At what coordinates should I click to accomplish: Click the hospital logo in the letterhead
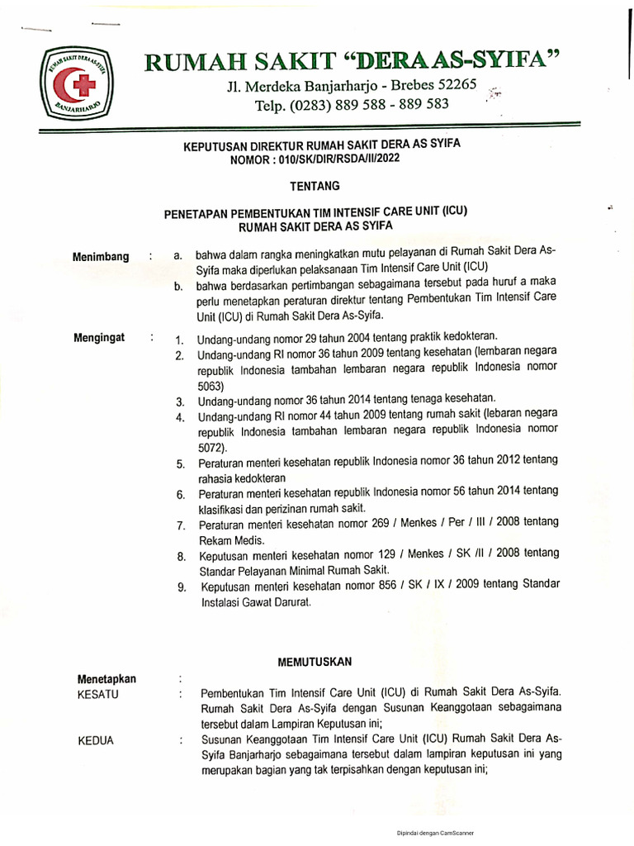click(x=75, y=85)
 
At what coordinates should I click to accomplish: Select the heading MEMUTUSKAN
click(x=315, y=662)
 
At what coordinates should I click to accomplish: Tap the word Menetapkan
click(x=106, y=678)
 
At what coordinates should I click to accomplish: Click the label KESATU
click(x=97, y=694)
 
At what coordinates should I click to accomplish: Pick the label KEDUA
click(x=96, y=740)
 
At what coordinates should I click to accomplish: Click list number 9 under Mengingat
click(x=182, y=587)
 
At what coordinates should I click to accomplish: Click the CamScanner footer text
click(x=435, y=833)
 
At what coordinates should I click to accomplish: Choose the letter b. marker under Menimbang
click(x=178, y=287)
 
